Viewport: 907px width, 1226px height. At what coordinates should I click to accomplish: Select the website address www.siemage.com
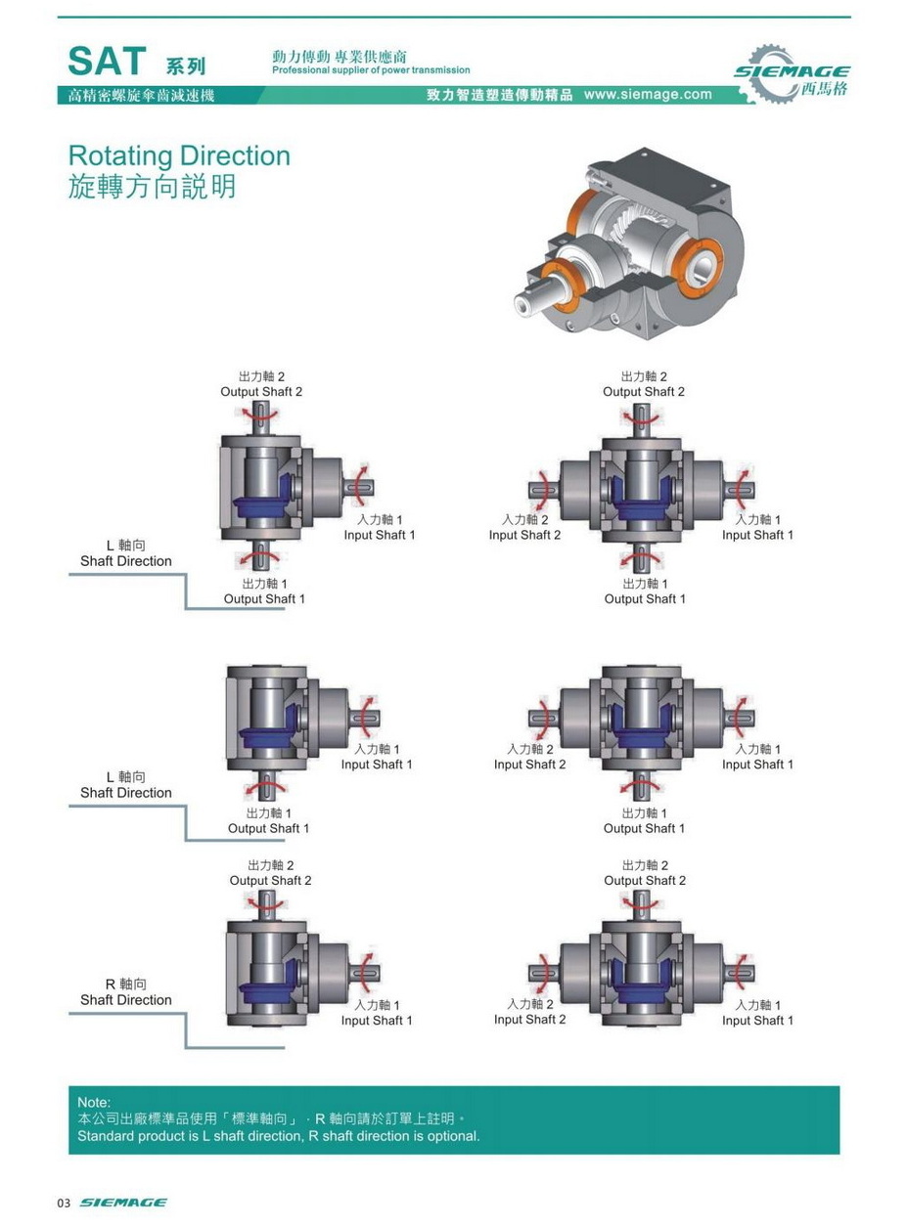pyautogui.click(x=648, y=95)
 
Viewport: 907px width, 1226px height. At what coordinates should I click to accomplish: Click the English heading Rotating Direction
pyautogui.click(x=179, y=156)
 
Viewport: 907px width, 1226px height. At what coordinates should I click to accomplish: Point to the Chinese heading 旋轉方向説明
pyautogui.click(x=152, y=187)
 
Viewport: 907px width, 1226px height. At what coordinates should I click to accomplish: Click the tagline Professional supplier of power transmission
pyautogui.click(x=371, y=70)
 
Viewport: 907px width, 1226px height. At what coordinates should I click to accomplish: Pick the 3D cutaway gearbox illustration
pyautogui.click(x=626, y=244)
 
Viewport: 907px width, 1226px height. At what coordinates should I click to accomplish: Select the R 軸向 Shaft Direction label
pyautogui.click(x=125, y=991)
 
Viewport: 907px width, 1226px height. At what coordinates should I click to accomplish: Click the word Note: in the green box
pyautogui.click(x=94, y=1103)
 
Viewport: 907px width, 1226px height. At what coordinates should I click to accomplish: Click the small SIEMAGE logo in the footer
pyautogui.click(x=122, y=1203)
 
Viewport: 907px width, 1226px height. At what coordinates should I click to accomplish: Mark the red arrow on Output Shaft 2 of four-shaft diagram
pyautogui.click(x=642, y=417)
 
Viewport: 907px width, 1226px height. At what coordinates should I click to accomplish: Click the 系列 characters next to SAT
pyautogui.click(x=186, y=67)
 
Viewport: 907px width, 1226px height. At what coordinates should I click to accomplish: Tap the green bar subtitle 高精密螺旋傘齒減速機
pyautogui.click(x=135, y=96)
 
